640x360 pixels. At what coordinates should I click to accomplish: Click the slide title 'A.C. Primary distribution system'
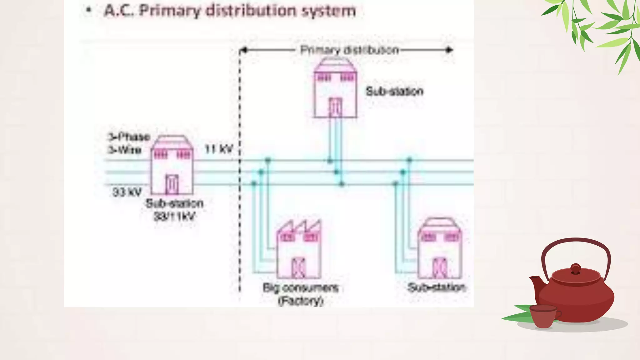[230, 11]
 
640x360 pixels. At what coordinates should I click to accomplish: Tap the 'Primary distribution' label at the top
[349, 50]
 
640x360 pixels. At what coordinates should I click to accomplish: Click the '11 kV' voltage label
[219, 149]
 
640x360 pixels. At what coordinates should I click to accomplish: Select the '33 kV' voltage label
[127, 192]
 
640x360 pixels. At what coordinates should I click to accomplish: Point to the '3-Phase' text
[129, 137]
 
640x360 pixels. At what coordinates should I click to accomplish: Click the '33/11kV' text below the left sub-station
[174, 216]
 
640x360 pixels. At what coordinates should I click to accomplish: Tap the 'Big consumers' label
[300, 287]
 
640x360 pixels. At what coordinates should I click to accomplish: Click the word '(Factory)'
[300, 301]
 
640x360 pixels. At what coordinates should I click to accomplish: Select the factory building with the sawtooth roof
[299, 250]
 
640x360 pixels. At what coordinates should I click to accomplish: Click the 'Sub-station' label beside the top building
[394, 91]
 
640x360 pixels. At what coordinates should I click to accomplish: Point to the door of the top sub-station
[335, 107]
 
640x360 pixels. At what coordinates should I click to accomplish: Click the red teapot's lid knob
[575, 268]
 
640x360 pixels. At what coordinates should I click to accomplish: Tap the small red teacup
[544, 316]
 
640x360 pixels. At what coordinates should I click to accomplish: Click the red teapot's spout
[535, 283]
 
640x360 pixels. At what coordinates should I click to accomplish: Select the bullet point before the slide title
[89, 10]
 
